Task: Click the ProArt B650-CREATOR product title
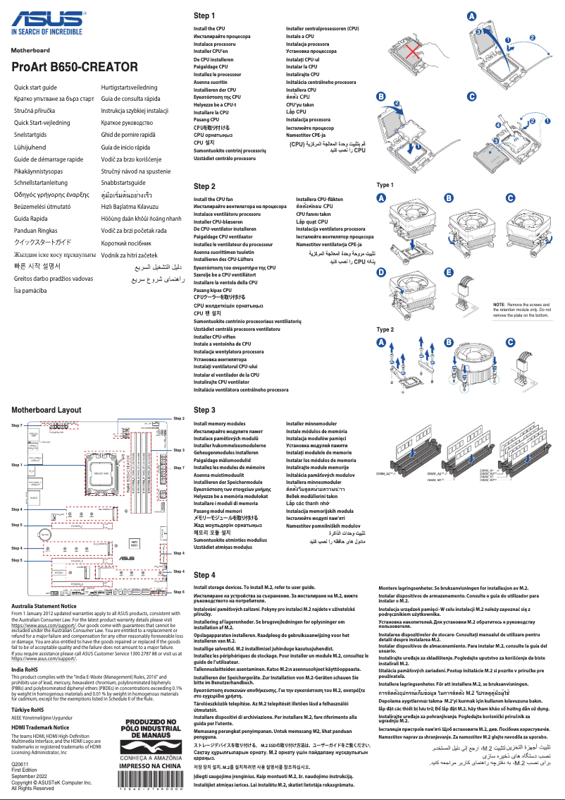point(74,67)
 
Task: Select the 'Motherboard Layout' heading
point(46,410)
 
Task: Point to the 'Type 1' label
point(385,185)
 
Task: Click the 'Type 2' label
point(385,329)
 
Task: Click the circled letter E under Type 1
point(448,272)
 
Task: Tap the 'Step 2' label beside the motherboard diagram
point(179,418)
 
